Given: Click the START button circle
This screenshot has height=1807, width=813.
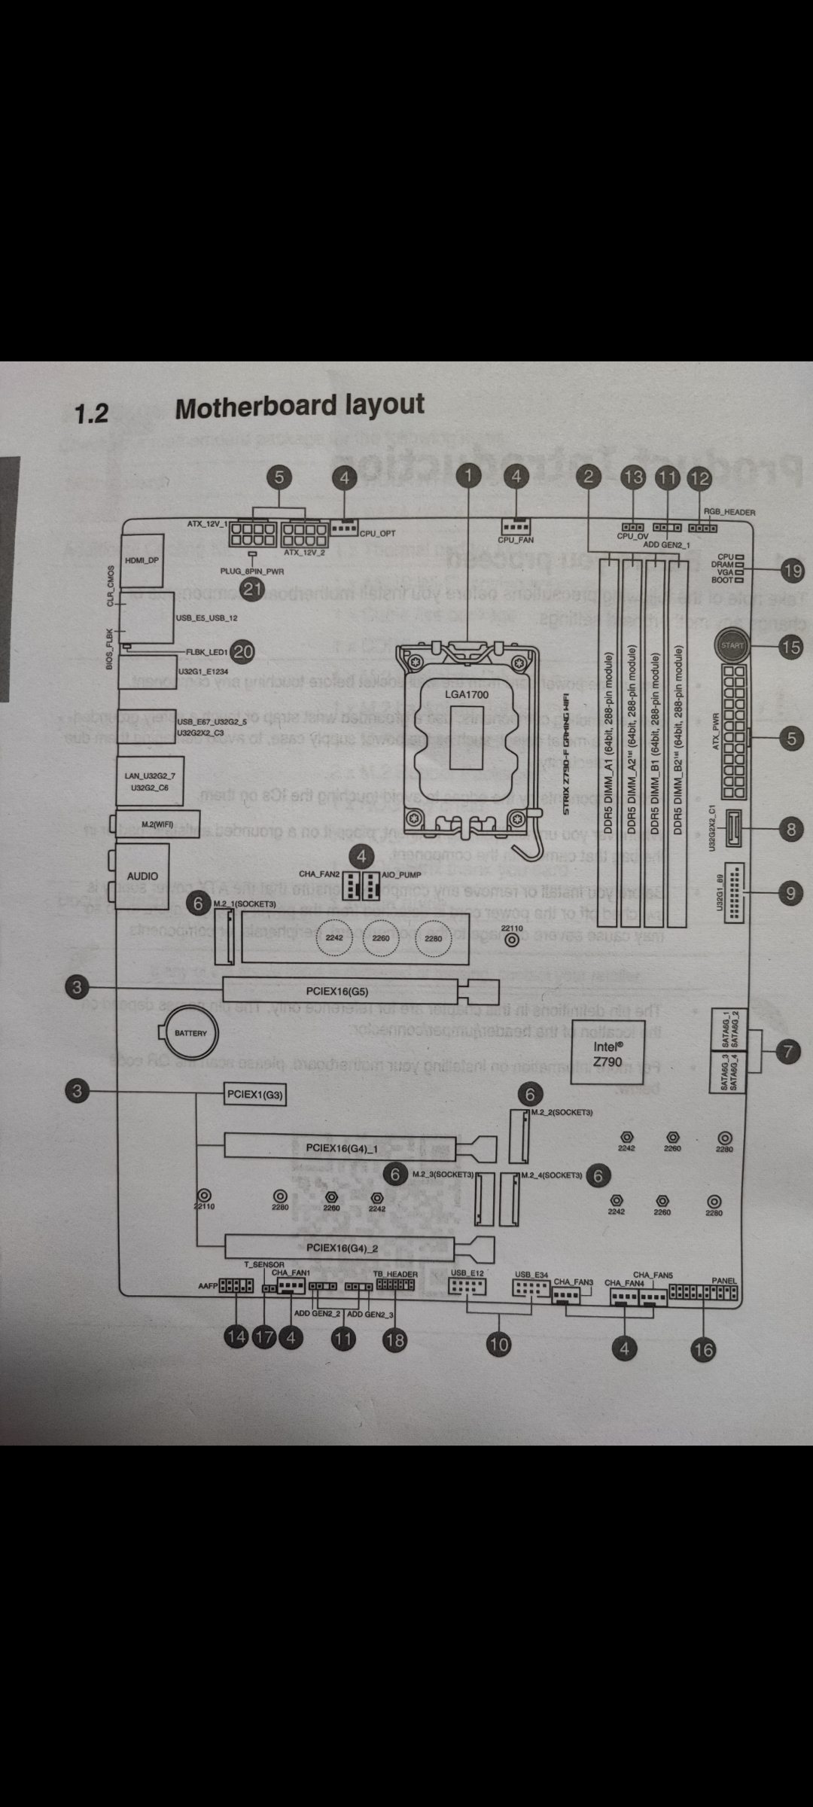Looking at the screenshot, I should coord(732,645).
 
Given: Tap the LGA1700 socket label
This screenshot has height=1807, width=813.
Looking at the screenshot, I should coord(467,693).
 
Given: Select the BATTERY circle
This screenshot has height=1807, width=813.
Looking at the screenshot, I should coord(190,1033).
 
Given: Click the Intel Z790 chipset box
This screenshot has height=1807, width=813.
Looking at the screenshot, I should coord(607,1053).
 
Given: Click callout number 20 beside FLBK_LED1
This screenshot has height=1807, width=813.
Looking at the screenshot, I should coord(242,652).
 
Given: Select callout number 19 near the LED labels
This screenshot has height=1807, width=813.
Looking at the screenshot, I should coord(793,571).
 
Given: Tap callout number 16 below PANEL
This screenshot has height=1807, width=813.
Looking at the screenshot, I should coord(703,1349).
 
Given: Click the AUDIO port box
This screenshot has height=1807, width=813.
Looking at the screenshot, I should coord(142,876).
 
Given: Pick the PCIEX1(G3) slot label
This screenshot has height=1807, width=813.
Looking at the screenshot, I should coord(255,1095).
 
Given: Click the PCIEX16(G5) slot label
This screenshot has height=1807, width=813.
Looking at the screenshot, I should coord(337,992).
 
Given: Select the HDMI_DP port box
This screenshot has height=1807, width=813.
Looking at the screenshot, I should coord(142,560).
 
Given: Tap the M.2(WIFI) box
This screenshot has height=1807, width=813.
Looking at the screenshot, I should coord(157,824).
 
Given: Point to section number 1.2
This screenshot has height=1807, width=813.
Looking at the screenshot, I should coord(92,413).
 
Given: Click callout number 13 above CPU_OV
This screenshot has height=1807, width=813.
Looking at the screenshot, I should coord(634,477).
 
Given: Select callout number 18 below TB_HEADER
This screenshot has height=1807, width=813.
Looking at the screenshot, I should coord(394,1339).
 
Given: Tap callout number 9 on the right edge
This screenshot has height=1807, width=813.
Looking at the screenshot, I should coord(790,893).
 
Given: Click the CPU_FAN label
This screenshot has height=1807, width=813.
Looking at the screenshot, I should coord(516,540).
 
